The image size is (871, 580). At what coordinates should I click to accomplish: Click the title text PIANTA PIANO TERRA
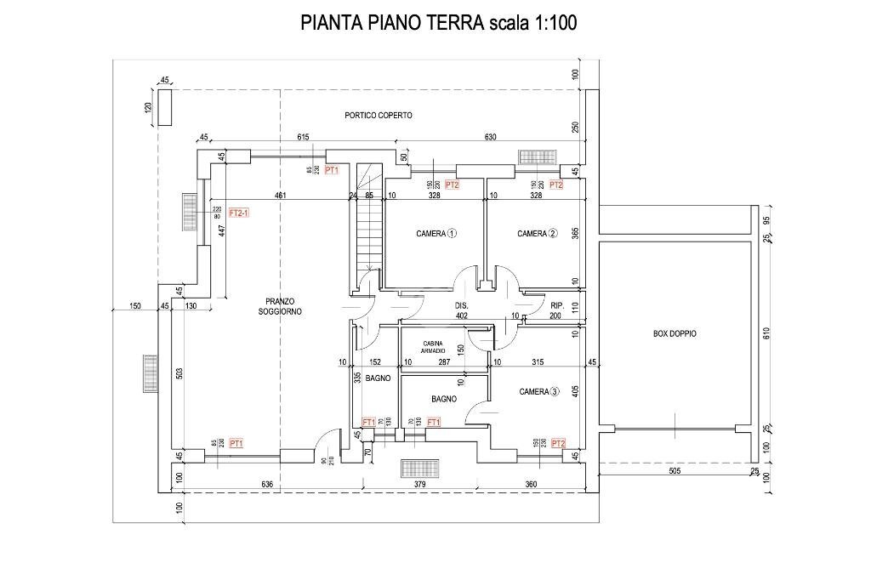pyautogui.click(x=392, y=23)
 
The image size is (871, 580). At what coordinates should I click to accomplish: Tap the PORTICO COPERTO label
pyautogui.click(x=379, y=115)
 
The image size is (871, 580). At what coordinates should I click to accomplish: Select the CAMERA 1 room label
pyautogui.click(x=436, y=233)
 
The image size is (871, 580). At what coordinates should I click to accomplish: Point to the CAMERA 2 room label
pyautogui.click(x=537, y=233)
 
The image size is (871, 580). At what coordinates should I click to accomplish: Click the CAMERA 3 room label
pyautogui.click(x=539, y=391)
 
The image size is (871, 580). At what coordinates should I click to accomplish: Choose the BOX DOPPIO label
pyautogui.click(x=675, y=334)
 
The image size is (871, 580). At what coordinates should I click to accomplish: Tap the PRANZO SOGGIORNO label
pyautogui.click(x=279, y=306)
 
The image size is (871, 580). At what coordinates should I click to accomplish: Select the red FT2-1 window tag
pyautogui.click(x=239, y=213)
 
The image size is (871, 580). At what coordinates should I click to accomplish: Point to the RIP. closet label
pyautogui.click(x=559, y=304)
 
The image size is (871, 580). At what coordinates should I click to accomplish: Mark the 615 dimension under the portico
pyautogui.click(x=303, y=137)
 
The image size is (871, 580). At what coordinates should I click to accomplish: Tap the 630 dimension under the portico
pyautogui.click(x=491, y=137)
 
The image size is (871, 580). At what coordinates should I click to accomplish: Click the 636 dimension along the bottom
pyautogui.click(x=267, y=485)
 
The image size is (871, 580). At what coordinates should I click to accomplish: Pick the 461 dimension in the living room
pyautogui.click(x=279, y=196)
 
